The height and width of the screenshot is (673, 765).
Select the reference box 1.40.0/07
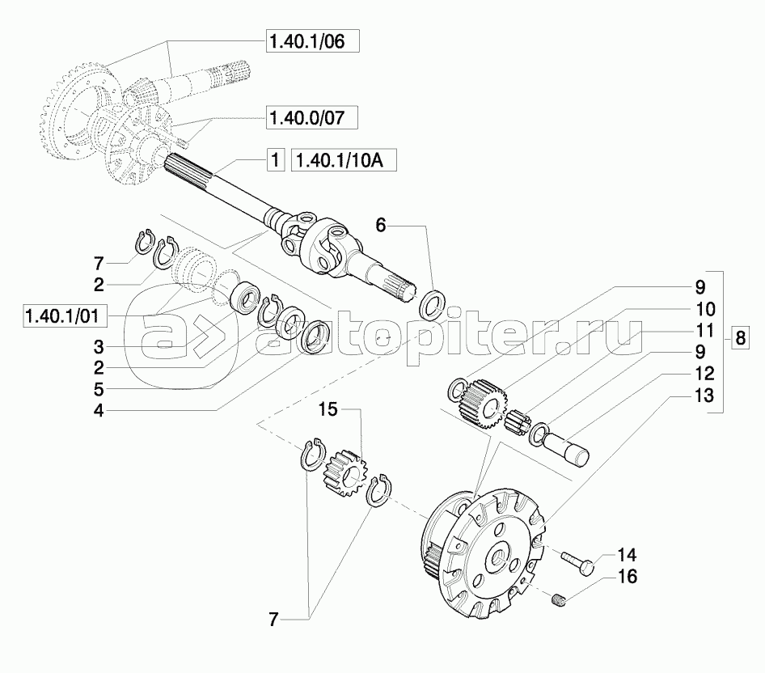pyautogui.click(x=311, y=119)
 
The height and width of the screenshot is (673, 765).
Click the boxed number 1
pyautogui.click(x=275, y=160)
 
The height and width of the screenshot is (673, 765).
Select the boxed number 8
pyautogui.click(x=741, y=339)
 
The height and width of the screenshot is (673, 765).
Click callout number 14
pyautogui.click(x=627, y=556)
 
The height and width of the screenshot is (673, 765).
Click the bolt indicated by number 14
pyautogui.click(x=581, y=563)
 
